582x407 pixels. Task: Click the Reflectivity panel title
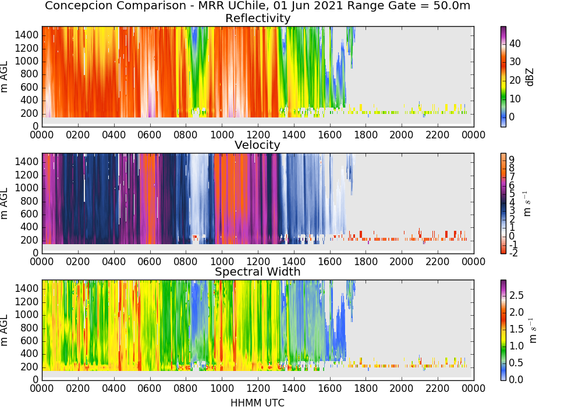[x=258, y=18]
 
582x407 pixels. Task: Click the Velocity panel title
[x=258, y=145]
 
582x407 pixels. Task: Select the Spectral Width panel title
[x=258, y=272]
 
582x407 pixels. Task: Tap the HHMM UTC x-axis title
[x=258, y=402]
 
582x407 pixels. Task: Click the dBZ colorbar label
[x=530, y=77]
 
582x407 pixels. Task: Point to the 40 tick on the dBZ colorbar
[x=515, y=44]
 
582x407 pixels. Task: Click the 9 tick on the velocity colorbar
[x=512, y=159]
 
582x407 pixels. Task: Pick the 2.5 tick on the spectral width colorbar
[x=516, y=295]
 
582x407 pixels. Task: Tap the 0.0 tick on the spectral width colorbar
[x=516, y=379]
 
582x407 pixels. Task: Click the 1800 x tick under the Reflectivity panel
[x=365, y=135]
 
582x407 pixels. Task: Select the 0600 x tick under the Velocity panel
[x=150, y=262]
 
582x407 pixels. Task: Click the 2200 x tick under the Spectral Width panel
[x=438, y=388]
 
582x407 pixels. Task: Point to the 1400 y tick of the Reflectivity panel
[x=27, y=35]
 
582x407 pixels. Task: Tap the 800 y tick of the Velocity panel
[x=30, y=201]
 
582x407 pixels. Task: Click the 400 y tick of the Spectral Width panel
[x=30, y=354]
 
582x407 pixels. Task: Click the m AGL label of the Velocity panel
[x=5, y=203]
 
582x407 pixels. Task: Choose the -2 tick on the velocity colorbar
[x=513, y=253]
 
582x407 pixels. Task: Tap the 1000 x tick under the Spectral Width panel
[x=222, y=388]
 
